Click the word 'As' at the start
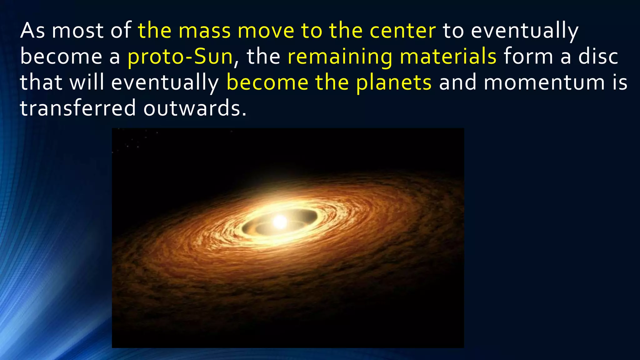coord(32,31)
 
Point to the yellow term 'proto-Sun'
coord(180,57)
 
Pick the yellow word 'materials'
coord(448,57)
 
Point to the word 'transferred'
coord(78,108)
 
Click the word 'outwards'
coord(195,108)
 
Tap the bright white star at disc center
coord(280,222)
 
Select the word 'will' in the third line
coord(87,82)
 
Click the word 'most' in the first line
coord(77,31)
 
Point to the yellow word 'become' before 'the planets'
coord(267,82)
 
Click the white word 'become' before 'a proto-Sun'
coord(61,57)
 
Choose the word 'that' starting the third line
coord(41,82)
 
